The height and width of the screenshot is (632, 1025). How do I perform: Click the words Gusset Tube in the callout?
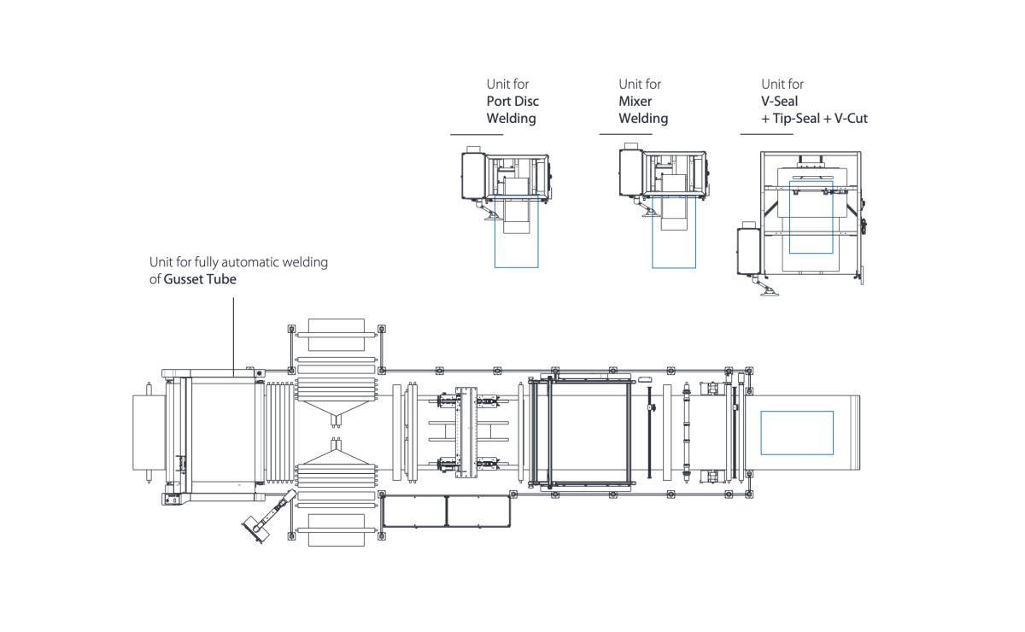200,279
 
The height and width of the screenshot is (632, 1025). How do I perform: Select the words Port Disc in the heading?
512,101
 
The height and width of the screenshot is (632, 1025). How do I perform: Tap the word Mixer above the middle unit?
635,101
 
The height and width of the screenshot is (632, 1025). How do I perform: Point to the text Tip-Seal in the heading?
795,118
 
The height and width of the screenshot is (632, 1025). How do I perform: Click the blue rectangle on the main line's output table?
796,432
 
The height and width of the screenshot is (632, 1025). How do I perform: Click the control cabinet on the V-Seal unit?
749,249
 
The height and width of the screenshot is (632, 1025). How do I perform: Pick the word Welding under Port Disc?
511,118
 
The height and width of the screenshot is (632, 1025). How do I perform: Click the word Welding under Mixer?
642,118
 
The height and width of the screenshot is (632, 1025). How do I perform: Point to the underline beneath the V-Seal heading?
766,134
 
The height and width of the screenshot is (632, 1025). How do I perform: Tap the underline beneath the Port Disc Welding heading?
477,134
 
